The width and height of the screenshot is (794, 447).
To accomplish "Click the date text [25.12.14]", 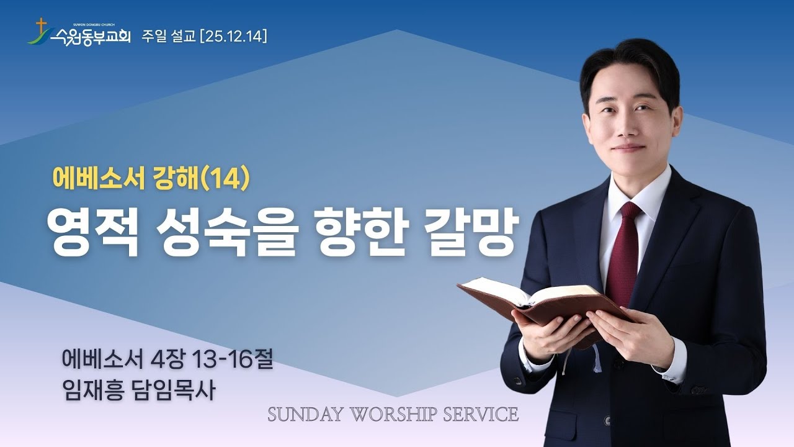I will pos(233,37).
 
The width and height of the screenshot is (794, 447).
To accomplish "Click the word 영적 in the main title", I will pos(94,233).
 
